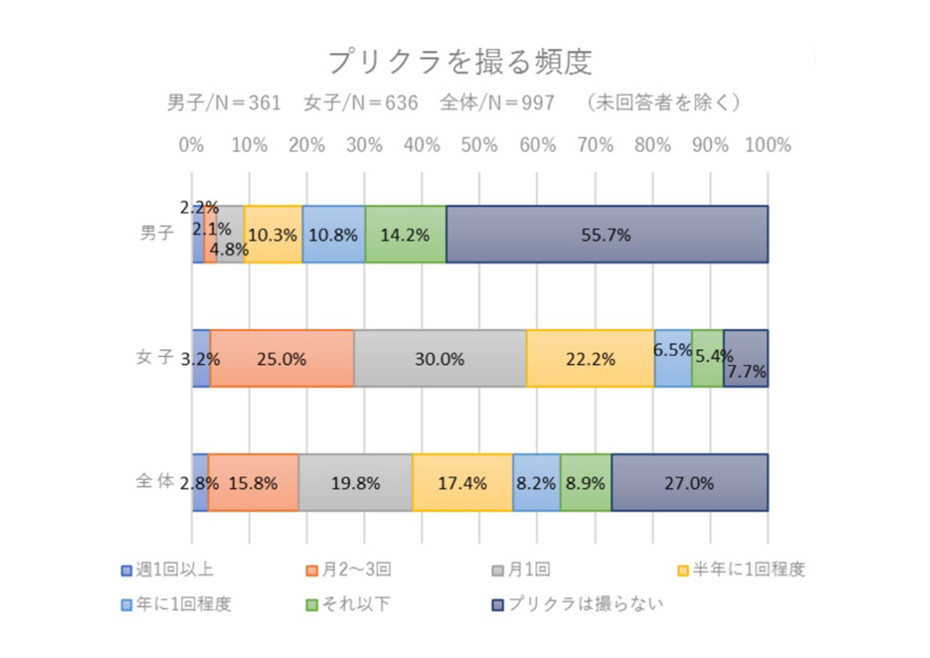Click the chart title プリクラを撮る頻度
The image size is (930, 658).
460,62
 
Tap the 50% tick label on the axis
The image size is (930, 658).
479,145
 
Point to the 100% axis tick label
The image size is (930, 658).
768,145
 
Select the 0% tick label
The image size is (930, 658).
191,145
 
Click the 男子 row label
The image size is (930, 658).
157,233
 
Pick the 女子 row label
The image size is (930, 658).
155,357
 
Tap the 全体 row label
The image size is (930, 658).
155,481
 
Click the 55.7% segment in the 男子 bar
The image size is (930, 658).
606,235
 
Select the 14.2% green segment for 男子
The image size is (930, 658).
405,235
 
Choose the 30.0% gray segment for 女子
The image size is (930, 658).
439,359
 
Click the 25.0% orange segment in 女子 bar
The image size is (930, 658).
281,359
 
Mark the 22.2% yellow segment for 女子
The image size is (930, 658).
590,359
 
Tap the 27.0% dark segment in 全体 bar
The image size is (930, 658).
689,483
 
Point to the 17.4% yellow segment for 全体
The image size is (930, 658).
462,483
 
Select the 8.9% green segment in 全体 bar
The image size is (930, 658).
585,483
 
